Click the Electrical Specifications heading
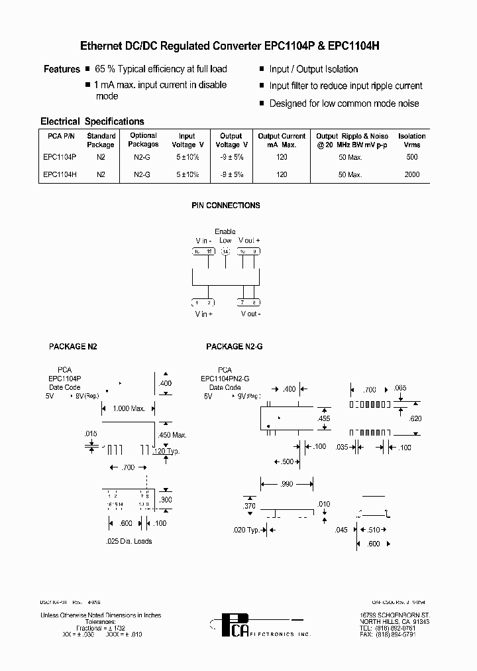click(x=92, y=121)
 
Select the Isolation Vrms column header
click(x=412, y=140)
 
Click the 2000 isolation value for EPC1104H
click(x=412, y=174)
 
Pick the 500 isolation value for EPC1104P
click(x=412, y=157)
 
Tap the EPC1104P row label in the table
click(x=60, y=157)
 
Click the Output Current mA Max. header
click(x=282, y=140)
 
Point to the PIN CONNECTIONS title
click(x=226, y=206)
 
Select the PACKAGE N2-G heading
click(x=235, y=346)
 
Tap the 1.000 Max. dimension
click(x=129, y=408)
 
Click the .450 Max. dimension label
click(x=173, y=435)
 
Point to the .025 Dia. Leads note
click(x=129, y=541)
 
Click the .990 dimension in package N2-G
click(x=286, y=484)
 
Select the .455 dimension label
click(x=323, y=418)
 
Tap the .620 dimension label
click(x=415, y=418)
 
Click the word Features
click(x=62, y=69)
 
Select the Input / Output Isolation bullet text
click(x=313, y=69)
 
